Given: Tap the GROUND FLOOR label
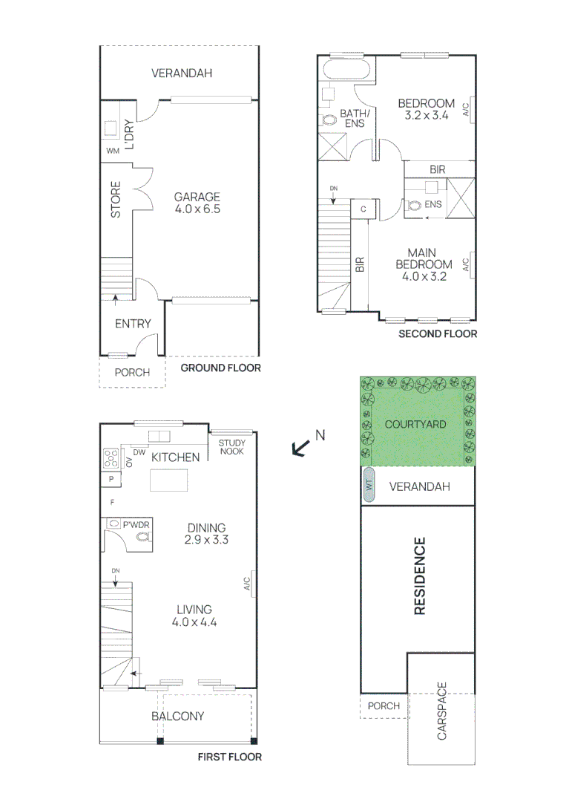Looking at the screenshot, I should coord(221,368).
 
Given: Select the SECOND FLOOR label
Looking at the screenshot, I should coord(438,333).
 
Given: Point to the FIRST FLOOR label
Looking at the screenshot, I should coord(229,757).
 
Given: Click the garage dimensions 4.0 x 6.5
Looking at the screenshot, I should coord(197,209).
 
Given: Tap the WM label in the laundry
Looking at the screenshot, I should coord(113,151).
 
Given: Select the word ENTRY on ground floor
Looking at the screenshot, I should coord(133,324).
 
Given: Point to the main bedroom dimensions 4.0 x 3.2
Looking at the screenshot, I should coord(424,276).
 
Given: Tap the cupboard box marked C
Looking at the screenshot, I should coord(363,209).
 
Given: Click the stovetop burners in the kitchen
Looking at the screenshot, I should coord(111,457).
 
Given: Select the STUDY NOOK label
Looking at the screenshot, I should coord(232,448).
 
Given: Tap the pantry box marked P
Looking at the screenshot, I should coord(111,480).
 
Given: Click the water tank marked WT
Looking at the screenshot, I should coord(369,486).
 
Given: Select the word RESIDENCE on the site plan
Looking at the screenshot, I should coord(419,576).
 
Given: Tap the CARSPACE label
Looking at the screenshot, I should coord(442,711).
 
